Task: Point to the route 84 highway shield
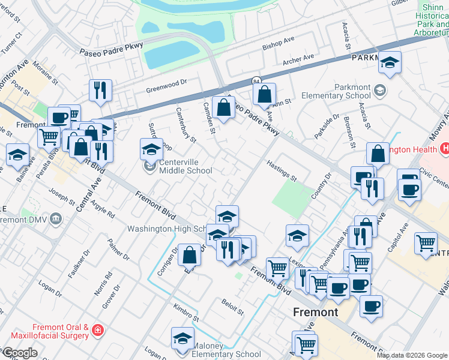[x=256, y=81]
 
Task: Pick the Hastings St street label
[x=282, y=173]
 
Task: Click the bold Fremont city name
[x=316, y=312]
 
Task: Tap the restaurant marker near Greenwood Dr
[x=100, y=90]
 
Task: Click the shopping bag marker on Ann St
[x=264, y=94]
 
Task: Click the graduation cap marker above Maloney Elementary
[x=182, y=338]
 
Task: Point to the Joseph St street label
[x=62, y=195]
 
